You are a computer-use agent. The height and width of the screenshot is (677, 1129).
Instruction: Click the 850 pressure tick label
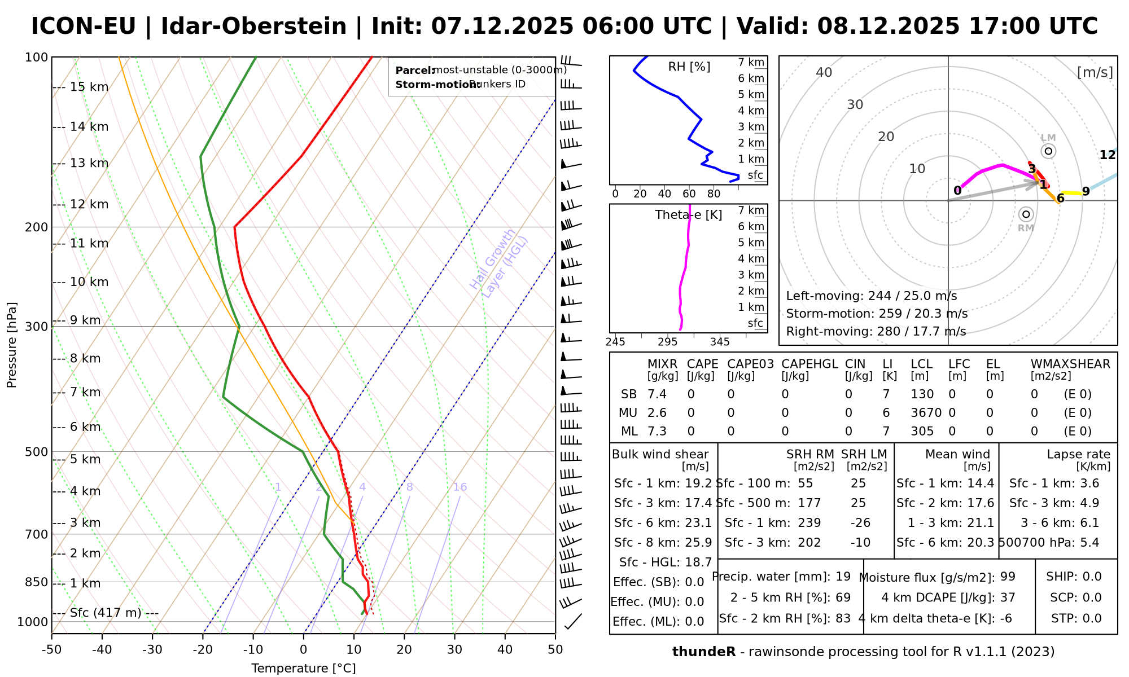(x=37, y=582)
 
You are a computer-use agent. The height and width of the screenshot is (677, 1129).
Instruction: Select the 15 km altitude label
(x=89, y=87)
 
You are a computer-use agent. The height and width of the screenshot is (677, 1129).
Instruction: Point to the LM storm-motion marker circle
(x=1048, y=151)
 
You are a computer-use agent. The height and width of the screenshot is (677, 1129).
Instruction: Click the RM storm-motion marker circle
(x=1026, y=214)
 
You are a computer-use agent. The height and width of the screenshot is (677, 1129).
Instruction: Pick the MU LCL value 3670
(x=926, y=413)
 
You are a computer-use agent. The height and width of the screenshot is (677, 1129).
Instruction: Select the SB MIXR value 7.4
(x=657, y=394)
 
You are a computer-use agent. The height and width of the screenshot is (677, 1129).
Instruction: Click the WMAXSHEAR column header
(x=1070, y=364)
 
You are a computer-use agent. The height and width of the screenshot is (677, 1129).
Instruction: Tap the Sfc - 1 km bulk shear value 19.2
(x=698, y=483)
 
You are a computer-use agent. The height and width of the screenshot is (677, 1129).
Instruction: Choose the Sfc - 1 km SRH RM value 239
(x=809, y=523)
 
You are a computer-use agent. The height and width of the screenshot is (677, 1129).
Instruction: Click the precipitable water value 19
(x=843, y=577)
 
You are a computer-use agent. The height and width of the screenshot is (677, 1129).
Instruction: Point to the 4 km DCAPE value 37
(x=1008, y=597)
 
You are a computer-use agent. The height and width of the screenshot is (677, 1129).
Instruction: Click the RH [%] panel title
(x=689, y=67)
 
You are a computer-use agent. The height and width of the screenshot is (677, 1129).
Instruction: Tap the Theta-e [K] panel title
(x=689, y=215)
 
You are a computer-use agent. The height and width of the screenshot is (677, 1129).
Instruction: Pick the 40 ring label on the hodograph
(x=824, y=72)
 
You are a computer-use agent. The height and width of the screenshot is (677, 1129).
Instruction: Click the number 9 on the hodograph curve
(x=1086, y=192)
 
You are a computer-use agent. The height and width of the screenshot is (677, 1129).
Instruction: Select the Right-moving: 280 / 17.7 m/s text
(x=876, y=331)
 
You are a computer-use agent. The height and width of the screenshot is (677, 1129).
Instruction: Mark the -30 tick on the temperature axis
(x=152, y=650)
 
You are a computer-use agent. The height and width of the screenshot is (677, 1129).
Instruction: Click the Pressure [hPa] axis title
(x=12, y=345)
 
